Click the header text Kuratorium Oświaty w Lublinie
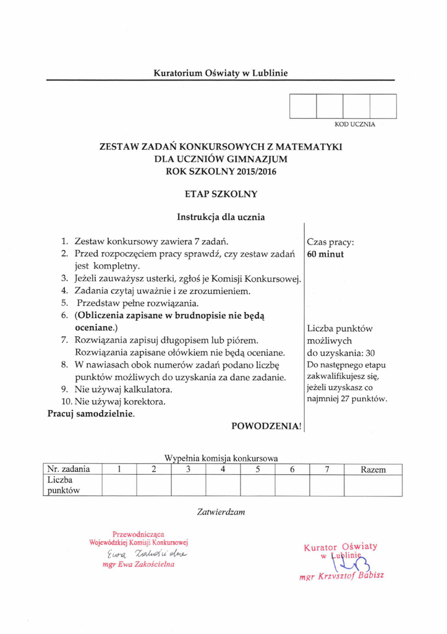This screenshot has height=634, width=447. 221,73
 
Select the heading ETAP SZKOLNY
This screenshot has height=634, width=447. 221,194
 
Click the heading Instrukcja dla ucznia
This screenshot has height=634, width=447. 221,217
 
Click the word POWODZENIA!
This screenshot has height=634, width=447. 266,426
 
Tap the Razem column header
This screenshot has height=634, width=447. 373,469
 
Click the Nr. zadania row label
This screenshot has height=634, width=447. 69,469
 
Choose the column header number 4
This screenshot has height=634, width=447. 223,469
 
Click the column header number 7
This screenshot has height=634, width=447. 326,469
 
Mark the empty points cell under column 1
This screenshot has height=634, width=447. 119,485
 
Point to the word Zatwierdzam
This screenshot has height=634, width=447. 221,512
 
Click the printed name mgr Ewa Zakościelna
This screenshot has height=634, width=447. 138,564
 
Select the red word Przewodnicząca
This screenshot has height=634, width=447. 138,534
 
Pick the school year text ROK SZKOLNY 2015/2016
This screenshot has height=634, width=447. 221,170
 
